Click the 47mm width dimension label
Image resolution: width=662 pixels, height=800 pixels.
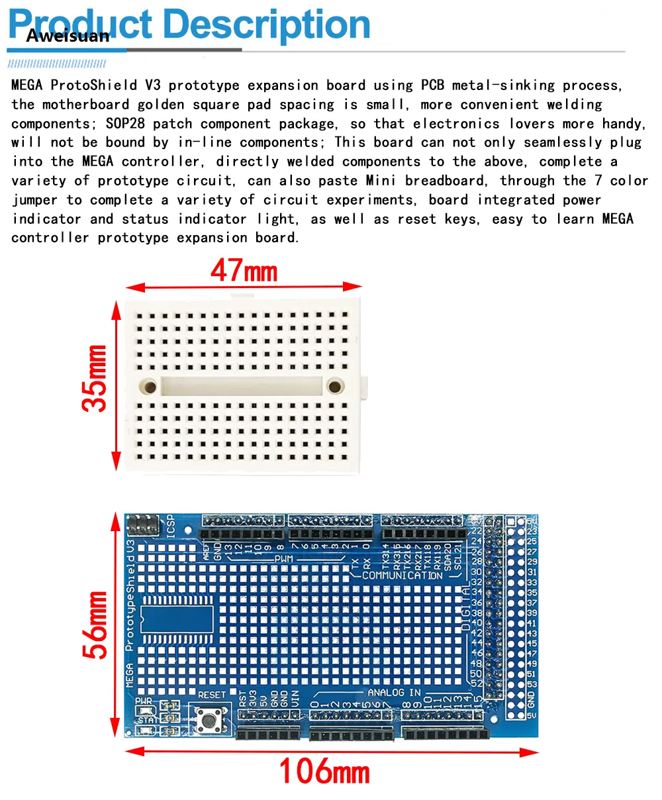click(x=244, y=271)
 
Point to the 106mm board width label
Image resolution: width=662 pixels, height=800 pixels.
click(x=324, y=771)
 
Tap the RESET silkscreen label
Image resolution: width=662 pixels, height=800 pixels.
click(x=212, y=695)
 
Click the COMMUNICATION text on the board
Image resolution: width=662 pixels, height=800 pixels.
click(x=402, y=575)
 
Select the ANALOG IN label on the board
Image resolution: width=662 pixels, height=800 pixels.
click(x=395, y=693)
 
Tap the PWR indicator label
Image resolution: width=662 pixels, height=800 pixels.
click(x=144, y=701)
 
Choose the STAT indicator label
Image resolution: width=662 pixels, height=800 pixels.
click(x=148, y=720)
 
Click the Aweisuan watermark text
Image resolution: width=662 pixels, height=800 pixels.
click(x=68, y=36)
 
